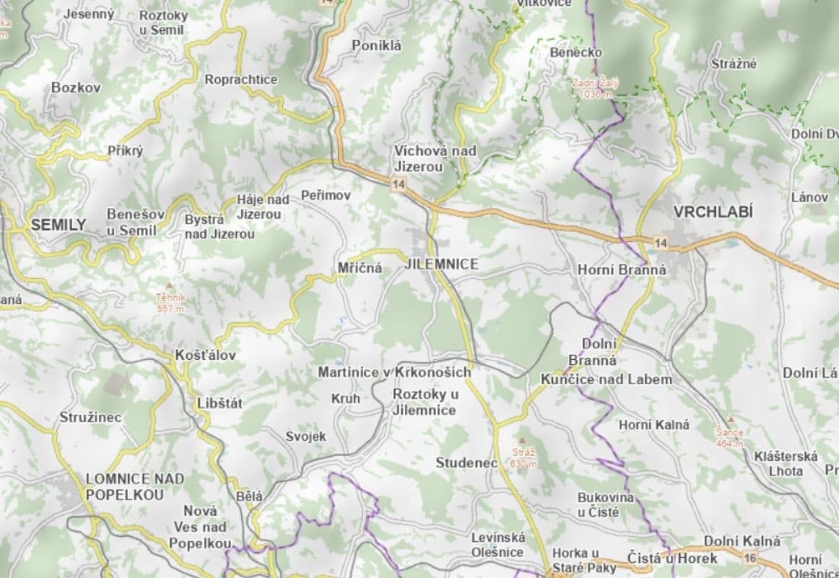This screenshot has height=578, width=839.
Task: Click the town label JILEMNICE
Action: click(x=442, y=264)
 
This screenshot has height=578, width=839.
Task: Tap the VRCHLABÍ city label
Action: click(x=713, y=212)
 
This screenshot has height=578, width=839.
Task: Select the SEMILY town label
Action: click(x=58, y=225)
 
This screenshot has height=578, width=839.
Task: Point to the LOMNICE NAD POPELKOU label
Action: click(x=135, y=486)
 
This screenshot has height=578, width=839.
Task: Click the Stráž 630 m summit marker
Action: click(x=523, y=439)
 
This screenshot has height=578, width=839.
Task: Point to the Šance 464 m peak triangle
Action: click(x=730, y=420)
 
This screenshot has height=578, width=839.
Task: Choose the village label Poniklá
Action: click(x=376, y=46)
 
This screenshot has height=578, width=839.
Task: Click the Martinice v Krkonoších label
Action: click(x=394, y=372)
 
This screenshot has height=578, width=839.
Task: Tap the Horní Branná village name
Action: click(x=622, y=269)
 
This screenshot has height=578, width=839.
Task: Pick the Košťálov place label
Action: click(x=205, y=355)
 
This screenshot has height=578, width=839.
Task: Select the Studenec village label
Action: click(x=466, y=462)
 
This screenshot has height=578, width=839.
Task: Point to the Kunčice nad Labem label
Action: click(x=607, y=379)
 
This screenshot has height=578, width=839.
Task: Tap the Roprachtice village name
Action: click(x=240, y=79)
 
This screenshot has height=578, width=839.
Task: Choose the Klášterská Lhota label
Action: click(x=786, y=463)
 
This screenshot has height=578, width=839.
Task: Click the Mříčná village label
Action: click(x=360, y=268)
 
